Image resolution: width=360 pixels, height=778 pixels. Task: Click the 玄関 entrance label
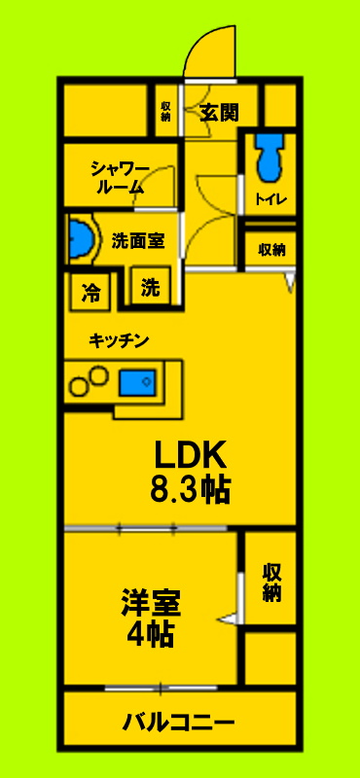220,112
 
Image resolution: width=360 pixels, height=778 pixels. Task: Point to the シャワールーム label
121,178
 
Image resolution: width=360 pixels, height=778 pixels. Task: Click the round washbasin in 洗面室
81,238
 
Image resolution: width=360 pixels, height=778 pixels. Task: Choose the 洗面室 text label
137,240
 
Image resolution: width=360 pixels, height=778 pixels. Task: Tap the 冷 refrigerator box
91,290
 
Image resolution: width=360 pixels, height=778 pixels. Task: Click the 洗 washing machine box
150,288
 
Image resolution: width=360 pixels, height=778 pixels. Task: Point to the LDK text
190,455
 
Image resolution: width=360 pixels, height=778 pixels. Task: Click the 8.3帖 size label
190,489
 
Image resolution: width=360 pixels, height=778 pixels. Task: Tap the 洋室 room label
150,602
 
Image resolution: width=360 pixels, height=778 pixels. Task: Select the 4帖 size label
150,634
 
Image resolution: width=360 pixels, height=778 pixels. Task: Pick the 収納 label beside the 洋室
271,581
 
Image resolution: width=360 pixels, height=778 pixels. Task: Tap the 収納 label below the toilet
271,249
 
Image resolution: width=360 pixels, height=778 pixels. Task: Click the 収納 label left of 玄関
165,112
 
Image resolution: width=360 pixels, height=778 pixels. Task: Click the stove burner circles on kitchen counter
88,379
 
